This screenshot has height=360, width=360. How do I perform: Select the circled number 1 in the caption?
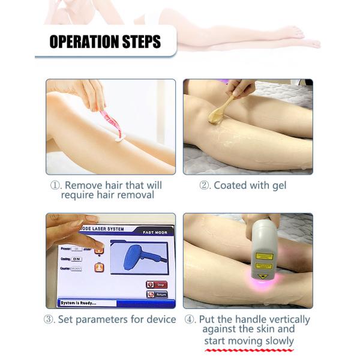(x=56, y=185)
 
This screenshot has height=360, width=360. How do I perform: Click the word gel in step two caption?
(x=278, y=185)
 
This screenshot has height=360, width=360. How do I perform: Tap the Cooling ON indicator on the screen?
(x=77, y=259)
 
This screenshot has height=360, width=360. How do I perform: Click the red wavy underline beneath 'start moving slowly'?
(x=248, y=349)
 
